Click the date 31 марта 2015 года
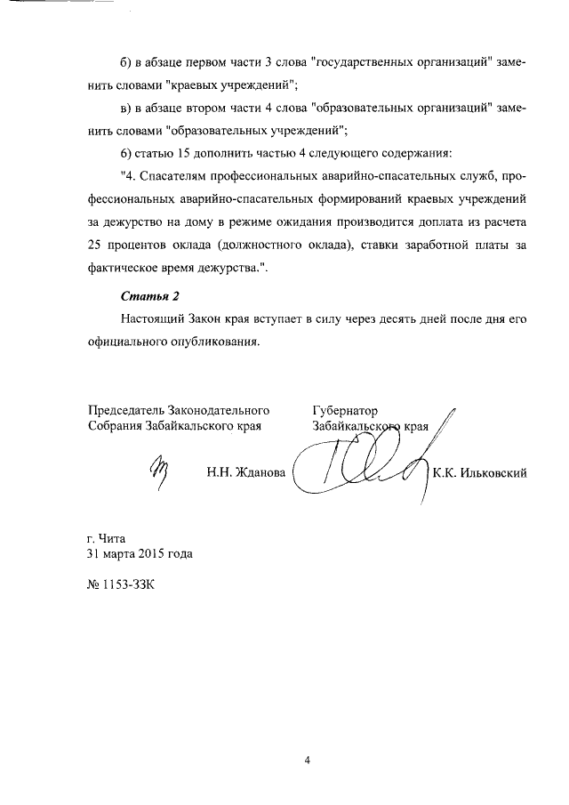(140, 553)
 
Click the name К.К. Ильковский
(480, 473)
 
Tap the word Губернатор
(346, 411)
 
